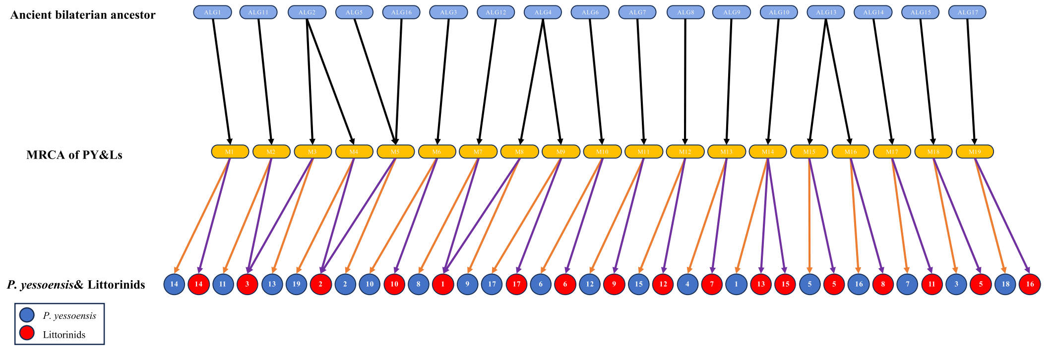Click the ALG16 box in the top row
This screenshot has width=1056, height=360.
(x=401, y=12)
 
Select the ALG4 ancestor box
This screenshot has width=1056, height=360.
(x=543, y=12)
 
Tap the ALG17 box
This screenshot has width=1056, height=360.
(x=967, y=12)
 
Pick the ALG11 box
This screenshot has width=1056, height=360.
(x=258, y=12)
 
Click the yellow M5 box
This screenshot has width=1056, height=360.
(x=395, y=152)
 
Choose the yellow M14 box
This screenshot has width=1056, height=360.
(x=768, y=152)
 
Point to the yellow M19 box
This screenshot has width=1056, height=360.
(x=975, y=152)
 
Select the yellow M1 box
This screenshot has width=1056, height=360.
(x=230, y=152)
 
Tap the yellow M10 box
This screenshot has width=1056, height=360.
(x=602, y=152)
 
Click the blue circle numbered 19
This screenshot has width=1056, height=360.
(x=296, y=284)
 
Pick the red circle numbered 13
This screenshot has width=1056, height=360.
(x=760, y=284)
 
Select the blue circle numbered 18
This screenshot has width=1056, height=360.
(x=1005, y=284)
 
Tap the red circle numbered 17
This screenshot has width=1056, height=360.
(x=516, y=284)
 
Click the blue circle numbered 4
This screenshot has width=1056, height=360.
(x=687, y=284)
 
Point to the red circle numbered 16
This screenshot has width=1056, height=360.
(x=1030, y=284)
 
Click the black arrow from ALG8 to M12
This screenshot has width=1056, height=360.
(x=685, y=79)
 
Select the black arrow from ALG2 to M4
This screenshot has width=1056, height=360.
(x=329, y=79)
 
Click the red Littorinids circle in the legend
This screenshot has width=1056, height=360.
(x=27, y=333)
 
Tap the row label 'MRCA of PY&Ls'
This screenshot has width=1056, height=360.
(x=74, y=155)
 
